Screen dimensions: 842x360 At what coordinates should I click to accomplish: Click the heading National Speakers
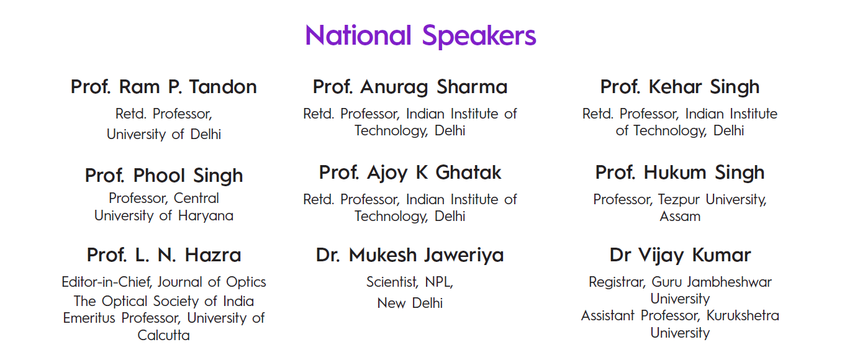[x=420, y=36]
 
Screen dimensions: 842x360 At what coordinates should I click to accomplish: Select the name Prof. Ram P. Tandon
[x=164, y=87]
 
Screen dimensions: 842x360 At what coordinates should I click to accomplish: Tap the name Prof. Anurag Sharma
[x=410, y=88]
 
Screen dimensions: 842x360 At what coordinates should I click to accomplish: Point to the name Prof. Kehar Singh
[x=679, y=88]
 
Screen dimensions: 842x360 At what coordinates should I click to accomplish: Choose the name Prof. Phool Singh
[x=164, y=176]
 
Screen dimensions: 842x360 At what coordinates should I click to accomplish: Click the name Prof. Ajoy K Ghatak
[x=410, y=173]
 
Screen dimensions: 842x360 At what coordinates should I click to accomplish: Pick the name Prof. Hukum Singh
[x=679, y=173]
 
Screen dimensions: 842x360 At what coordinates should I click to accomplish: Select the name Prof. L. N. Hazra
[x=164, y=254]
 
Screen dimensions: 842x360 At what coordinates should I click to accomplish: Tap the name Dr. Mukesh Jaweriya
[x=410, y=256]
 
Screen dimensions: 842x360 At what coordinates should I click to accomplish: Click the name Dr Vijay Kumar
[x=680, y=256]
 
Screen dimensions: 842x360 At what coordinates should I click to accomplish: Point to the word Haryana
[x=206, y=216]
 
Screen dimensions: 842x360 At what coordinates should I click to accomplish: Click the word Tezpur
[x=679, y=200]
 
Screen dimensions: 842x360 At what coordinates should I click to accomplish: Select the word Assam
[x=680, y=217]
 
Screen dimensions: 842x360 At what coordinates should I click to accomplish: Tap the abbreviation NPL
[x=438, y=282]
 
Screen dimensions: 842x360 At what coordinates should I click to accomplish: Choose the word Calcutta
[x=163, y=335]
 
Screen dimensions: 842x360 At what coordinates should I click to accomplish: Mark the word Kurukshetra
[x=743, y=316]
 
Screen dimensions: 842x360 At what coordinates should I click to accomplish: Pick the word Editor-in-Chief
[x=106, y=282]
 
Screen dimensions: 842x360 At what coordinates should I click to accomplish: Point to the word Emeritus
[x=89, y=318]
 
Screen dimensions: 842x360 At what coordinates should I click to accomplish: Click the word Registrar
[x=617, y=282]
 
